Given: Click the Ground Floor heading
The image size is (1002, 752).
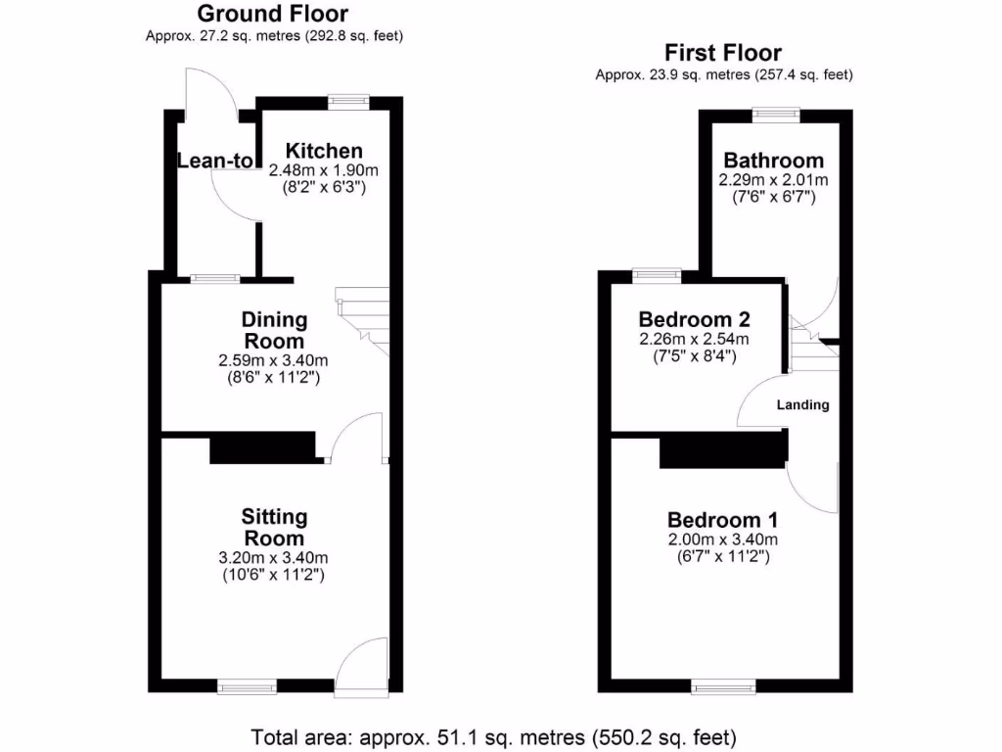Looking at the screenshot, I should point(273,14).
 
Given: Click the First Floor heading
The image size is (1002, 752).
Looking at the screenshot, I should point(723,53).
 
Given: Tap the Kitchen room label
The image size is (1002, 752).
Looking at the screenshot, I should point(323,151).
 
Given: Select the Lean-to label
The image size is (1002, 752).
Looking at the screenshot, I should point(215,161).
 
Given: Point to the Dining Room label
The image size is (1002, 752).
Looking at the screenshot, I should point(274,331).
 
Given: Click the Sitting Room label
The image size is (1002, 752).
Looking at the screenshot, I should point(274,527).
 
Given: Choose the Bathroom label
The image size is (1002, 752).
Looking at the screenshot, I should point(773,161).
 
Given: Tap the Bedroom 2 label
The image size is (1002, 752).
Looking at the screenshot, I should point(694,319).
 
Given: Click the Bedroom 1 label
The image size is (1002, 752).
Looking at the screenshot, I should point(722,520).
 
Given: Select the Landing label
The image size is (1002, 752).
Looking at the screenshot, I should point(802,404).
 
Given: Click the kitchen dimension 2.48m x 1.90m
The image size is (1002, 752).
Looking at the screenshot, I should point(323,170).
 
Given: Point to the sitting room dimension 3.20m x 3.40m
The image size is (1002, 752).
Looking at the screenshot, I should point(274,558).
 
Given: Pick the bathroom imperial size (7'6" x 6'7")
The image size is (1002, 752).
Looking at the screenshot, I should point(773,198).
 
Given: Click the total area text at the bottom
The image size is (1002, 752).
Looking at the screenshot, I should point(494,735).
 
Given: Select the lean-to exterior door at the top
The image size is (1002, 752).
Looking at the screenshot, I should point(208,96).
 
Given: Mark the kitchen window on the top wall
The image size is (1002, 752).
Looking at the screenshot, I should point(347,100).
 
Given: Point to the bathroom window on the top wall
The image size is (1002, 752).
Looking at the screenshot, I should point(775,114).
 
